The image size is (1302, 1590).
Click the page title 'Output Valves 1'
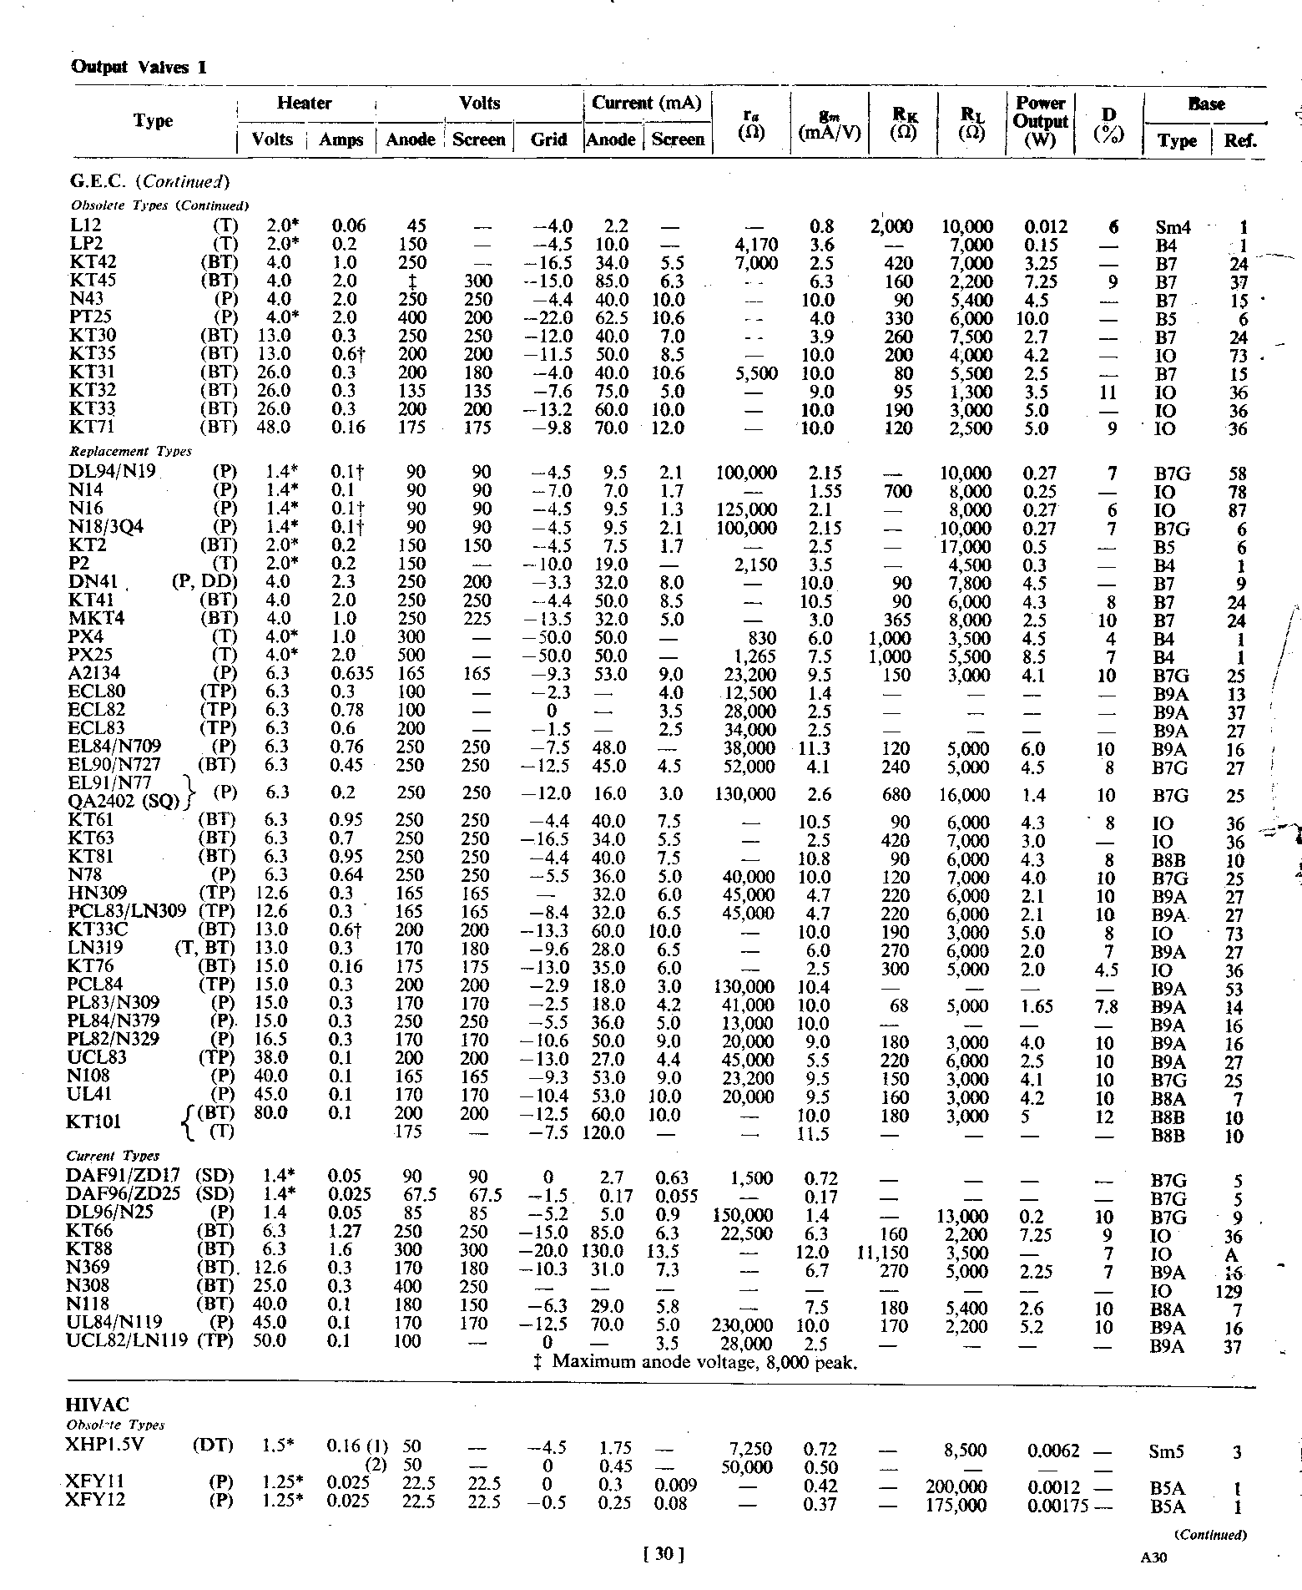click(139, 67)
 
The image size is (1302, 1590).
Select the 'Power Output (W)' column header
click(1040, 121)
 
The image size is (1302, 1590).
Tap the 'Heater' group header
click(305, 104)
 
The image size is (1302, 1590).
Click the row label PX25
click(91, 656)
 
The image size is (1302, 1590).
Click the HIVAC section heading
click(97, 1405)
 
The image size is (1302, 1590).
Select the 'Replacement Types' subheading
click(130, 451)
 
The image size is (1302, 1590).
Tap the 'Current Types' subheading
click(113, 1156)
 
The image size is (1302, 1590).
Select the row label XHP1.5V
click(104, 1445)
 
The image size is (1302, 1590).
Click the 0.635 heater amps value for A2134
click(350, 674)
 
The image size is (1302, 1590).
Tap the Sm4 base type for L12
click(1173, 227)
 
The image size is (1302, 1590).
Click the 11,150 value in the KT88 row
click(887, 1253)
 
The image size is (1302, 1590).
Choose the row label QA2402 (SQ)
click(124, 803)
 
